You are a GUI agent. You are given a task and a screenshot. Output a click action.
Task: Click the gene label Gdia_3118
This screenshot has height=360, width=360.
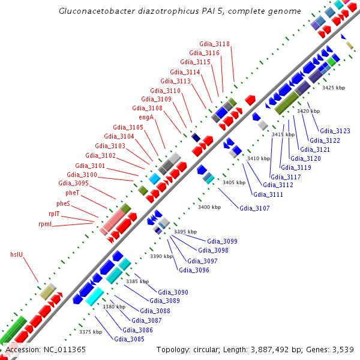(x=214, y=44)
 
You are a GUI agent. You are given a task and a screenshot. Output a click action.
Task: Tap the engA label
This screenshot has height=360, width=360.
(x=146, y=118)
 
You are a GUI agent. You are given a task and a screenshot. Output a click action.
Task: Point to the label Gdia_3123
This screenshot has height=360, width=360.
(x=335, y=131)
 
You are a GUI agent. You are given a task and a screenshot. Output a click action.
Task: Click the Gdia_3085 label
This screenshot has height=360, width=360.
(x=129, y=339)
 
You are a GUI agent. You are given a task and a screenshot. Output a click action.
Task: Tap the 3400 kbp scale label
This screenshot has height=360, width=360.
(x=209, y=207)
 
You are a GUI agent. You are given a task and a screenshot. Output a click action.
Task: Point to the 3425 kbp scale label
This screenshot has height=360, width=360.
(x=334, y=88)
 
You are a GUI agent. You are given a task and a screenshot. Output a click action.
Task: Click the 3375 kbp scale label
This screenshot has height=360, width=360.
(x=90, y=332)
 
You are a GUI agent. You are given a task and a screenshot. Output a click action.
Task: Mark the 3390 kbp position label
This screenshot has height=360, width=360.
(x=161, y=257)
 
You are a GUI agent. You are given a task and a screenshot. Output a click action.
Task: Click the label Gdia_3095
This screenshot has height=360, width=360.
(x=73, y=183)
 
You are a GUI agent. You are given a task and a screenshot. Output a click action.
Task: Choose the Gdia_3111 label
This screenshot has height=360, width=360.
(x=268, y=194)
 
